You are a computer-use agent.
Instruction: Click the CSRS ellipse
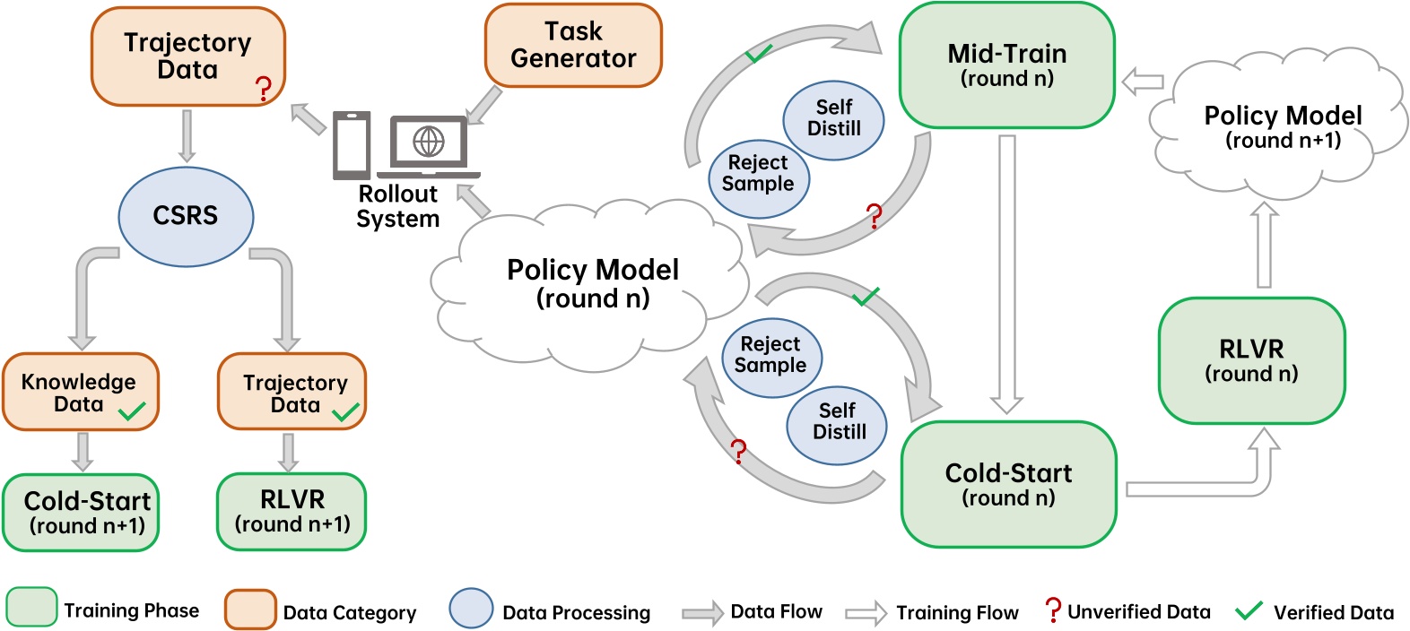pyautogui.click(x=186, y=216)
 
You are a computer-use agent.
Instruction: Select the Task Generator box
pyautogui.click(x=573, y=45)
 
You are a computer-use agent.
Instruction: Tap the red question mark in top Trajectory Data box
pyautogui.click(x=263, y=89)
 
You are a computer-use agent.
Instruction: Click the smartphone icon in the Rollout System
pyautogui.click(x=352, y=144)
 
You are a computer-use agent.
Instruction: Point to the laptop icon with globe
pyautogui.click(x=429, y=146)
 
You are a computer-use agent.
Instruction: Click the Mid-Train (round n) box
pyautogui.click(x=1006, y=65)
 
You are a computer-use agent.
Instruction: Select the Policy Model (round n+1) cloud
pyautogui.click(x=1282, y=126)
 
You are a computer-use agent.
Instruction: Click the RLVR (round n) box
pyautogui.click(x=1251, y=360)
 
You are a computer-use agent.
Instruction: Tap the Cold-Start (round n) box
pyautogui.click(x=1008, y=484)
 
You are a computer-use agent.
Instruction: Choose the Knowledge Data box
pyautogui.click(x=79, y=392)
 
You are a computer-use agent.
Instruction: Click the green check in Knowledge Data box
pyautogui.click(x=133, y=411)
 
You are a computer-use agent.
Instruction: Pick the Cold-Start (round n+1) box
pyautogui.click(x=82, y=512)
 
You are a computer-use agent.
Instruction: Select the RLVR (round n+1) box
pyautogui.click(x=292, y=511)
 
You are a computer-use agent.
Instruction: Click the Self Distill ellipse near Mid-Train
pyautogui.click(x=833, y=118)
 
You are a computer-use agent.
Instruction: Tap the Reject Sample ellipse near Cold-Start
pyautogui.click(x=770, y=355)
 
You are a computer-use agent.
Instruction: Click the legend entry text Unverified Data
pyautogui.click(x=1138, y=611)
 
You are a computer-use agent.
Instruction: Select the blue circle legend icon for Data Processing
pyautogui.click(x=471, y=609)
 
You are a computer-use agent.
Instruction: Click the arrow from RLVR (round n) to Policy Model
pyautogui.click(x=1264, y=244)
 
